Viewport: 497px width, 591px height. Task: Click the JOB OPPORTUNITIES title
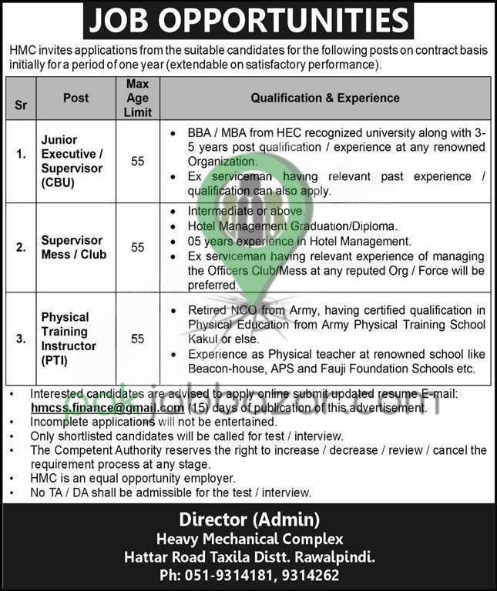click(248, 21)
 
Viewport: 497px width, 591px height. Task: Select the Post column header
click(76, 98)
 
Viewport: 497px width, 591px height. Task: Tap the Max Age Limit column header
click(137, 98)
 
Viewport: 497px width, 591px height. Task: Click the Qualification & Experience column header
click(325, 98)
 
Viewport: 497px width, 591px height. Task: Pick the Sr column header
click(21, 105)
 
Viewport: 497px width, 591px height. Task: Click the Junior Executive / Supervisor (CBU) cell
click(72, 162)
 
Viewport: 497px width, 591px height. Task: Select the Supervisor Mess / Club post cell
click(74, 247)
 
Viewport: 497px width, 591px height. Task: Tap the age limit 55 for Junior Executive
click(137, 162)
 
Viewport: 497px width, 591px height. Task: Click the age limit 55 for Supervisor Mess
click(137, 247)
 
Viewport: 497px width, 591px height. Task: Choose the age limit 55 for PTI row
click(137, 339)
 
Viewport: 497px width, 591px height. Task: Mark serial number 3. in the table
click(22, 339)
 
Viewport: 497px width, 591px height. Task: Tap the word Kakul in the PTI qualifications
click(204, 339)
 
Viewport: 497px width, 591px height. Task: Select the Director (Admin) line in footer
click(249, 519)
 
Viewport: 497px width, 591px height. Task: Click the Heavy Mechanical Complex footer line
click(249, 539)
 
